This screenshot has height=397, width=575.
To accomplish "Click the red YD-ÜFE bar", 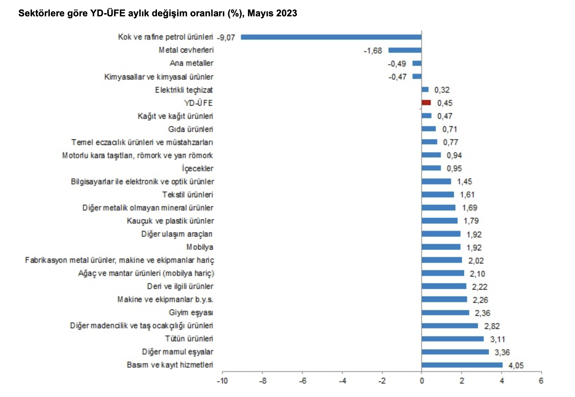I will (426, 103).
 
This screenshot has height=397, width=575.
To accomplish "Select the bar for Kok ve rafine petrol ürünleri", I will (331, 37).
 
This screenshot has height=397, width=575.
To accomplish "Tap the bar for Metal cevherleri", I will (405, 50).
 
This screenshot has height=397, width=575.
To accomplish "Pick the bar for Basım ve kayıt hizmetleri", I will (462, 365).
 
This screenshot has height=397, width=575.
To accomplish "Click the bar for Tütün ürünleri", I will (453, 339).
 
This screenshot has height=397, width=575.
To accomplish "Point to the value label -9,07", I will (226, 37).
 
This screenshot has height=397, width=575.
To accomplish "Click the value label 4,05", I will (516, 365).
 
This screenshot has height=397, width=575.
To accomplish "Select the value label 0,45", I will (445, 103).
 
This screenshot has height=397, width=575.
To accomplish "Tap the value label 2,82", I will (492, 326).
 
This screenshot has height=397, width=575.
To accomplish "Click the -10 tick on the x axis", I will (222, 381).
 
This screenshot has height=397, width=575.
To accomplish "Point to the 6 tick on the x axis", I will (541, 381).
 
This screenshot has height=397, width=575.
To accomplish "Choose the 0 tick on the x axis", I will (422, 381).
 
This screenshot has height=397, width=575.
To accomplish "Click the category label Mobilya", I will (200, 247).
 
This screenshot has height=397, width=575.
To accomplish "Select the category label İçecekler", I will (197, 169).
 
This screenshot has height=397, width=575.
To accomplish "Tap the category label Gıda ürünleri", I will (190, 129).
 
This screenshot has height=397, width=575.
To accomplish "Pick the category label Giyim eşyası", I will (191, 313).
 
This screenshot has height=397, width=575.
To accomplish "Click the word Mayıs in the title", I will (261, 13).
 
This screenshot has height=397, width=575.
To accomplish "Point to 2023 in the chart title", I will (286, 13).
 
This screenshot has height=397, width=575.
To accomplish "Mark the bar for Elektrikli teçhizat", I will (425, 89).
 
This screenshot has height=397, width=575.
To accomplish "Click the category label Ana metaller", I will (192, 63).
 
